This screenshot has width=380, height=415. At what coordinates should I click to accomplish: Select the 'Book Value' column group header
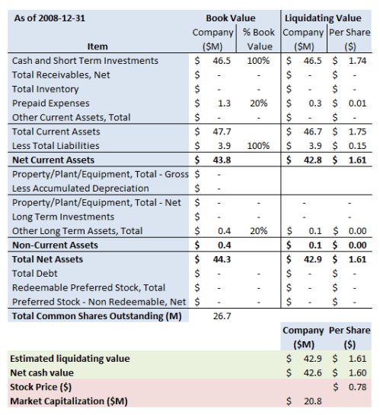(x=231, y=17)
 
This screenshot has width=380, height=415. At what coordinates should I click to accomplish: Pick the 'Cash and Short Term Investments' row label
(x=85, y=60)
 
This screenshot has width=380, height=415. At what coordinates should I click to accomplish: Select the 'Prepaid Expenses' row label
(x=51, y=103)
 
